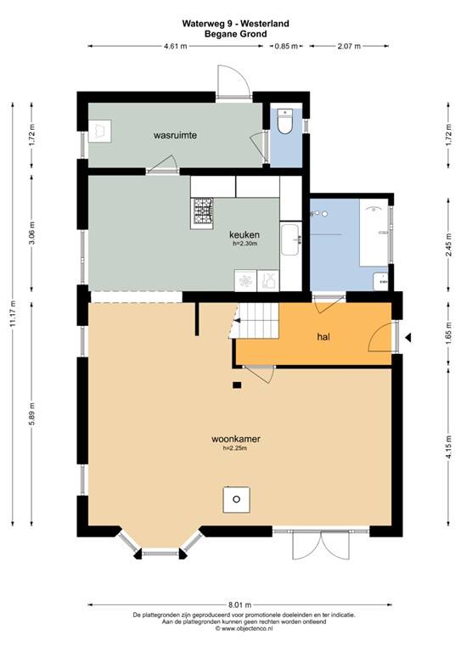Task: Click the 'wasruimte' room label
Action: pos(176,135)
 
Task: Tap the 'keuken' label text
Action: pos(244,235)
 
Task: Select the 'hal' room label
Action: pos(323,337)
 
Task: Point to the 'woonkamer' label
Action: pos(235,439)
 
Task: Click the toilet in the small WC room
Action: pos(286,122)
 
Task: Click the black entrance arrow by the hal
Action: pos(408,338)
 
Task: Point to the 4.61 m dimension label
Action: pos(175,47)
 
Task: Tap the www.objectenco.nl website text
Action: pos(231,630)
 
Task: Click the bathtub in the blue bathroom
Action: pos(374,232)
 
